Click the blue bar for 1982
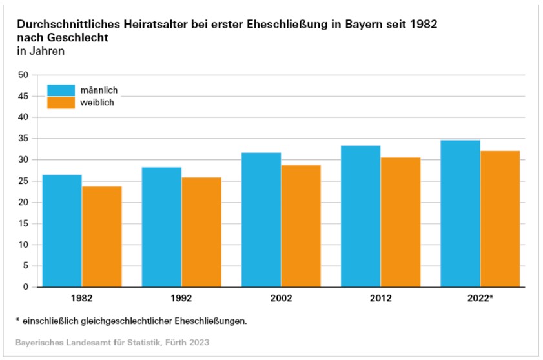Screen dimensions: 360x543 62,230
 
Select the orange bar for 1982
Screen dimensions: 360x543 102,236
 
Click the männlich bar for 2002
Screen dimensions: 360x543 261,219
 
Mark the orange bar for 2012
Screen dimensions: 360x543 400,222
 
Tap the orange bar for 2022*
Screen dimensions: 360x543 500,219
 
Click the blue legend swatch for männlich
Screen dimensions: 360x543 61,89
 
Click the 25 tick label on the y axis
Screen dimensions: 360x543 24,181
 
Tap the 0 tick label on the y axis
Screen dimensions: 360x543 26,287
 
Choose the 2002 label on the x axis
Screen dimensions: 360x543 281,299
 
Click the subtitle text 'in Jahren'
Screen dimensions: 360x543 41,51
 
